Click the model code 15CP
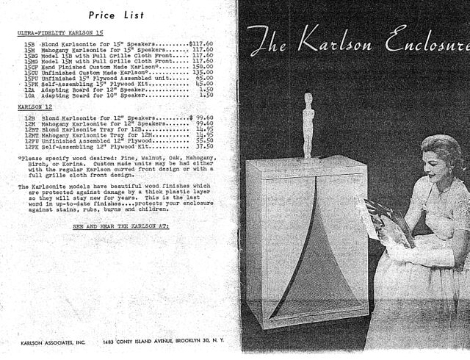tap(32, 65)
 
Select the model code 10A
tap(30, 96)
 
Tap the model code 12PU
tap(32, 140)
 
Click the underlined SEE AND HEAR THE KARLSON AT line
tap(120, 227)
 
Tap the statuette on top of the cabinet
tap(309, 125)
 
